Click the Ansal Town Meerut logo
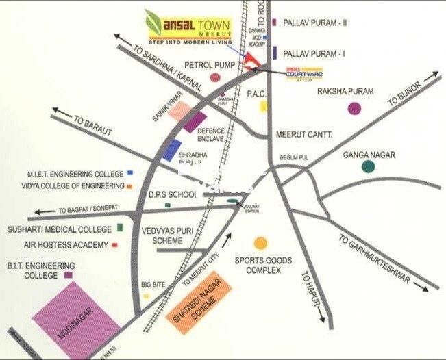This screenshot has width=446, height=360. coord(188,27)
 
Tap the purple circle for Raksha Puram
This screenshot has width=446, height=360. coord(354,108)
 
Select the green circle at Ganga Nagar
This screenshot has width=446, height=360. coord(369,166)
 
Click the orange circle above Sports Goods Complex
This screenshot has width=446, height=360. coord(260,243)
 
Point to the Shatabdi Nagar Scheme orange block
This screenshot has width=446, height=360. coord(199,302)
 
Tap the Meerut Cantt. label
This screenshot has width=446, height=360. coord(303,135)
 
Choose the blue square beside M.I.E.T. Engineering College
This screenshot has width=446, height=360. coord(130,174)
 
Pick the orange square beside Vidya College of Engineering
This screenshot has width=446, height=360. coord(129,185)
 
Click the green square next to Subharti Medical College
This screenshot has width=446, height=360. coord(121,227)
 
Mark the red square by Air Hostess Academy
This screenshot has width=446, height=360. coord(114,244)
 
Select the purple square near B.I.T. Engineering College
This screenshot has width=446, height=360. coord(68,275)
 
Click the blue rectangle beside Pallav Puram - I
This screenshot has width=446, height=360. coord(274,53)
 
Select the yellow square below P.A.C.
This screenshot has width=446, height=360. coord(263,106)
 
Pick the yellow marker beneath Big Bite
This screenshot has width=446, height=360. coord(146,296)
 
